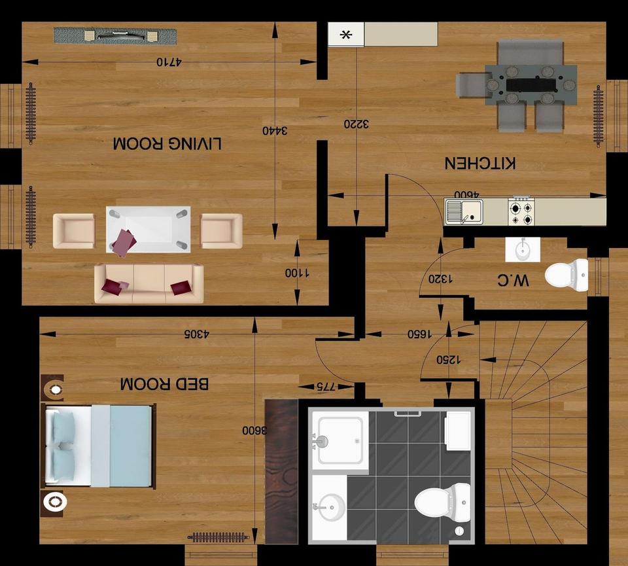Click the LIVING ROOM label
(167, 143)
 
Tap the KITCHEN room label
(480, 163)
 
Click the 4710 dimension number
(169, 62)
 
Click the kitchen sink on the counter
(464, 212)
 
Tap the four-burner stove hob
(521, 212)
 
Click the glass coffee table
(148, 229)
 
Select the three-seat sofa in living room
(148, 283)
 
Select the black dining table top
(531, 84)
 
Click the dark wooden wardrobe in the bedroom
(281, 471)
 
